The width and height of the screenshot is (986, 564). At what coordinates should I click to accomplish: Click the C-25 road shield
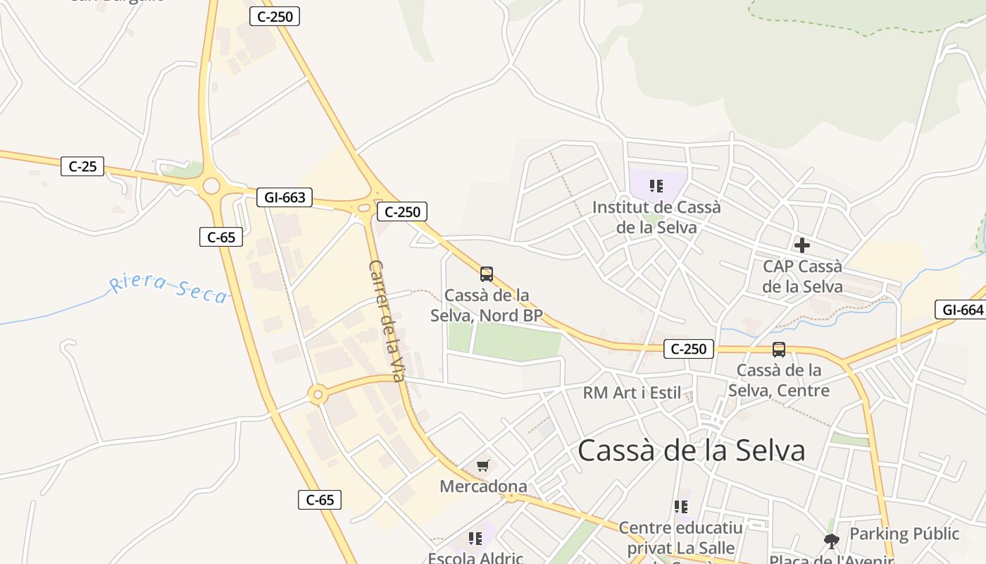pyautogui.click(x=82, y=166)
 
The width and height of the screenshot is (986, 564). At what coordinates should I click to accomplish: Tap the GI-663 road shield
pyautogui.click(x=285, y=197)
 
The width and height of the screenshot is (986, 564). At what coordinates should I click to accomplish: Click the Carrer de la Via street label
pyautogui.click(x=387, y=321)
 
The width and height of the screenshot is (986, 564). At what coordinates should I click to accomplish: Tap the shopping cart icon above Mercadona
pyautogui.click(x=483, y=465)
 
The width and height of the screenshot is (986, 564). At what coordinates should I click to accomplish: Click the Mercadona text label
pyautogui.click(x=483, y=486)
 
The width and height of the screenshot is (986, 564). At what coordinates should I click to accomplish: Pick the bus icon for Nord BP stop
pyautogui.click(x=486, y=274)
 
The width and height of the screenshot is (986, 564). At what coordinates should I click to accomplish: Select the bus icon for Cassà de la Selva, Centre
pyautogui.click(x=779, y=349)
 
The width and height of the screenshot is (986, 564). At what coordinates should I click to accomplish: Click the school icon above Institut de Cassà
pyautogui.click(x=656, y=186)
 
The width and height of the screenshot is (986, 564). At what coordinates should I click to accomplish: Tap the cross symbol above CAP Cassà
pyautogui.click(x=801, y=245)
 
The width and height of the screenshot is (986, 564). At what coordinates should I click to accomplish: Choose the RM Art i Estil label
pyautogui.click(x=632, y=393)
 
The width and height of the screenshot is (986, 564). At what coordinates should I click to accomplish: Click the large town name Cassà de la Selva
pyautogui.click(x=691, y=450)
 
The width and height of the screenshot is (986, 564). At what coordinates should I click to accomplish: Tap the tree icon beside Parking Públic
pyautogui.click(x=832, y=541)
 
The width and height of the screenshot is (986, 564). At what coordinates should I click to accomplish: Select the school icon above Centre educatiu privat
pyautogui.click(x=680, y=506)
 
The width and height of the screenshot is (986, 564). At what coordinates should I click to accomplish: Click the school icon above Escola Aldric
pyautogui.click(x=475, y=539)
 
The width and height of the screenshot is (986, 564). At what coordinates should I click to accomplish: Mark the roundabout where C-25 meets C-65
pyautogui.click(x=211, y=187)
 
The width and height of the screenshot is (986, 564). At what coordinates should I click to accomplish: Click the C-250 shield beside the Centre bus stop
pyautogui.click(x=689, y=348)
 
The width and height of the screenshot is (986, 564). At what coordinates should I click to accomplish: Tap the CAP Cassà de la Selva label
pyautogui.click(x=802, y=276)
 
